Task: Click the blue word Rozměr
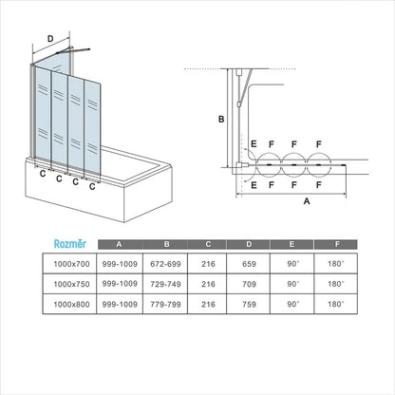(x=70, y=244)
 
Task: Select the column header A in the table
(x=119, y=244)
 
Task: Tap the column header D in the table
(x=249, y=244)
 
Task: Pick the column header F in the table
(x=337, y=244)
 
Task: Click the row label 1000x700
(x=71, y=264)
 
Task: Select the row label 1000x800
(x=71, y=305)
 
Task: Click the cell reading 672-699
(x=165, y=264)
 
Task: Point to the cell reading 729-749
(x=165, y=284)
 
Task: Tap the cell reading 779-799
(x=165, y=305)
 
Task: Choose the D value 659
(x=249, y=264)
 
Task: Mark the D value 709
(x=249, y=284)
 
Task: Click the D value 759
(x=249, y=305)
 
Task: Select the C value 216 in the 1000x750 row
(x=208, y=284)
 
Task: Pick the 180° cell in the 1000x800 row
(x=336, y=305)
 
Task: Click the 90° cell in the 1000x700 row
(x=293, y=264)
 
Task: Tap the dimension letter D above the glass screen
(x=50, y=39)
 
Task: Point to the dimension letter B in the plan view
(x=221, y=120)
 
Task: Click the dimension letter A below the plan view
(x=307, y=201)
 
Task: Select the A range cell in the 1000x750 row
(x=120, y=284)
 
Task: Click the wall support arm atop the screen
(x=73, y=50)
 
